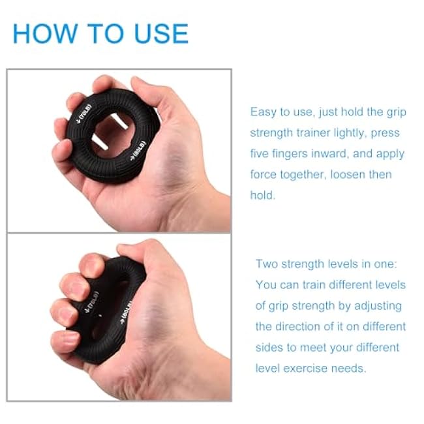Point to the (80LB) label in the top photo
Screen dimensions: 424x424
click(138, 151)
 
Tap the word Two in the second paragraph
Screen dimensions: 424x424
click(267, 264)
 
